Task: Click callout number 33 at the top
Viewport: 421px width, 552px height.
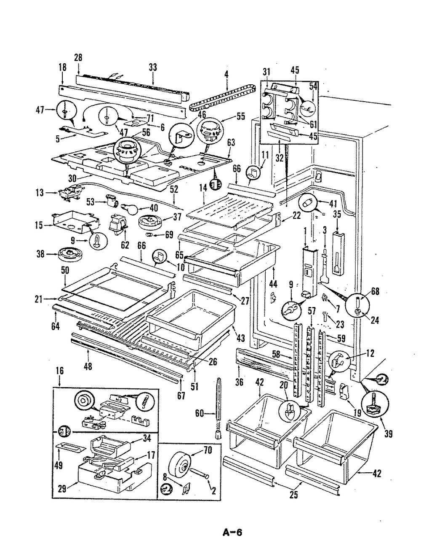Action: point(152,67)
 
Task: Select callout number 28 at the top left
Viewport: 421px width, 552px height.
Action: point(78,58)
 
